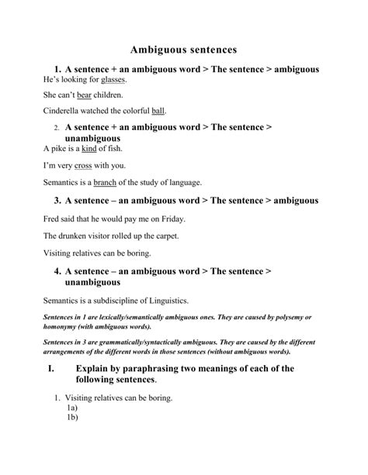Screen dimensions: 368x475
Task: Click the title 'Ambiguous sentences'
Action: click(183, 48)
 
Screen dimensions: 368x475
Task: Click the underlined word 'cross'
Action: click(83, 165)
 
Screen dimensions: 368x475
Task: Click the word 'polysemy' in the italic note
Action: click(289, 318)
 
